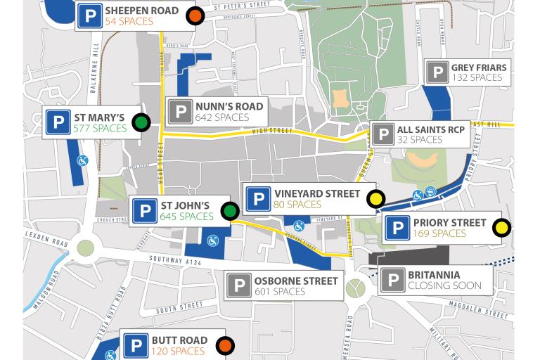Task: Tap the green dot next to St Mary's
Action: (141, 122)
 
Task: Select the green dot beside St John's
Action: (230, 210)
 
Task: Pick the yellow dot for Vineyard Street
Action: (376, 199)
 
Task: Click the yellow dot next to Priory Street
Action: (501, 227)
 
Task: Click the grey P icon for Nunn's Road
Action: (181, 112)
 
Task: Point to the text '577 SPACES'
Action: (99, 129)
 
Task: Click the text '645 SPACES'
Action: (187, 217)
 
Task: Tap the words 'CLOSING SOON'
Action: (444, 286)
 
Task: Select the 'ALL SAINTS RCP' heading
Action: (430, 130)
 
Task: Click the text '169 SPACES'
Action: (439, 233)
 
